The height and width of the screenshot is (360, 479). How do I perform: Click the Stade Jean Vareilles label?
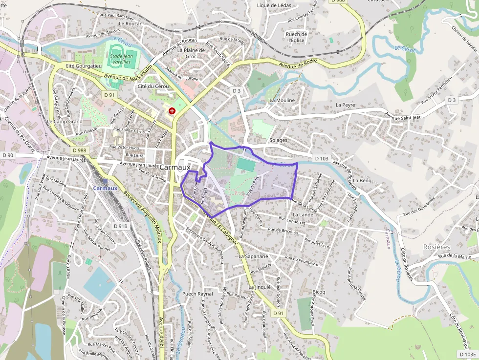[121, 59]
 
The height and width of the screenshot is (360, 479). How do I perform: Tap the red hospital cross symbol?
[172, 111]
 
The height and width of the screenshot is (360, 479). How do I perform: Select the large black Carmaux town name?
[175, 167]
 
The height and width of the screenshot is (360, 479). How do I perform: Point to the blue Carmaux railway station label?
[105, 188]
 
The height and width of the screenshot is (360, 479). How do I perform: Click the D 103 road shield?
[321, 158]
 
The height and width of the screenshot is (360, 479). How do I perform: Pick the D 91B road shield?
[120, 226]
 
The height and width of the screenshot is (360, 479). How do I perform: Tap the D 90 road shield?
[8, 155]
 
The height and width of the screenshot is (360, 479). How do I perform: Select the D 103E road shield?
[468, 354]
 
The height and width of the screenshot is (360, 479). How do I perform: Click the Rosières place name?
[436, 247]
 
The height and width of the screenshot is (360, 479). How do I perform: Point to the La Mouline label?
[282, 100]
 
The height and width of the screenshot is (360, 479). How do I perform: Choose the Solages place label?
[279, 140]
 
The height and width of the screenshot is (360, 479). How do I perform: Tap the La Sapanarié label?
[254, 256]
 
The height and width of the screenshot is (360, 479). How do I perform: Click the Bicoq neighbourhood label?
[319, 292]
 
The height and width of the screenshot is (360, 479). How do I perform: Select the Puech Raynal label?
[197, 294]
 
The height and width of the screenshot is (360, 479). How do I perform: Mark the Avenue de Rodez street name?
[298, 64]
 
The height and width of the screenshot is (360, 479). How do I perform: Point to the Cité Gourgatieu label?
[83, 65]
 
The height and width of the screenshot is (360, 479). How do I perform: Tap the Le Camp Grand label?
[65, 121]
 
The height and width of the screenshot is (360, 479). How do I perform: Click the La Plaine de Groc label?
[191, 53]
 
